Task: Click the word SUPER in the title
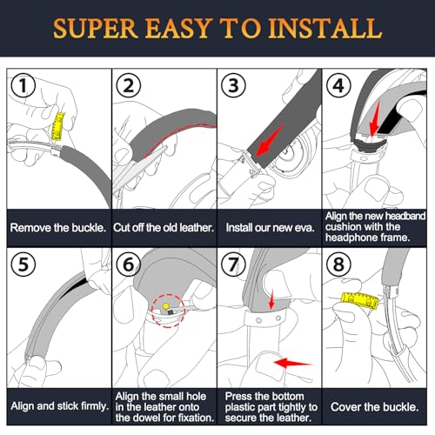tap(95, 28)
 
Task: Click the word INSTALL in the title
tap(325, 28)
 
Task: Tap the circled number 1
tap(23, 85)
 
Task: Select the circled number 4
tap(338, 85)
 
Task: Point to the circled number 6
tap(128, 264)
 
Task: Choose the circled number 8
tap(338, 264)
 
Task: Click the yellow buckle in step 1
tap(58, 126)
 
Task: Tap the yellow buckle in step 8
tap(359, 301)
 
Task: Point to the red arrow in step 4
tap(375, 118)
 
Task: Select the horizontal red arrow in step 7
tap(293, 363)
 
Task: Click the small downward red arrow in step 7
tap(271, 299)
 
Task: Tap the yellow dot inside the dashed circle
tap(165, 305)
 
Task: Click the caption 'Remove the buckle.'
tap(58, 228)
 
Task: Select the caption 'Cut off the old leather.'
tap(164, 228)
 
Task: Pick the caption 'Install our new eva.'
tap(270, 228)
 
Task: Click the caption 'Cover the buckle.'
tap(374, 407)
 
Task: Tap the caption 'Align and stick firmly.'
tap(59, 406)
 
